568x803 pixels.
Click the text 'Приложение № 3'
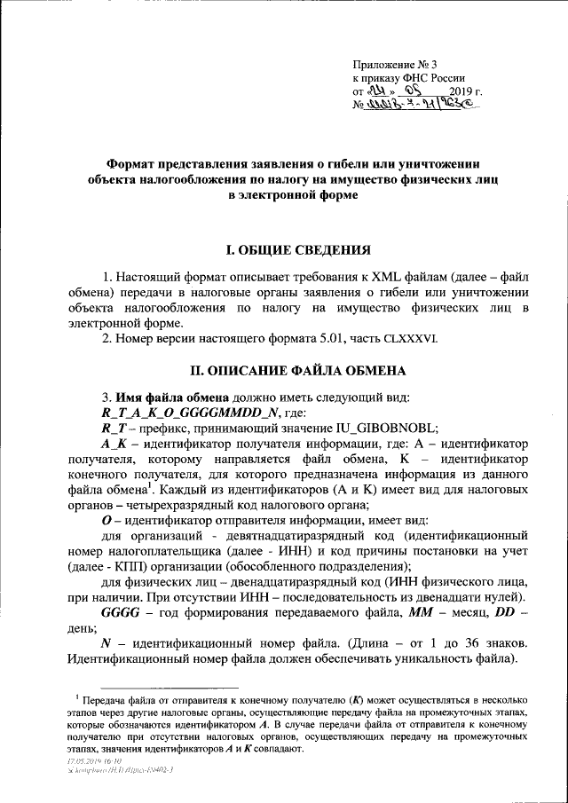click(x=392, y=64)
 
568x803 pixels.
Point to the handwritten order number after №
click(x=417, y=106)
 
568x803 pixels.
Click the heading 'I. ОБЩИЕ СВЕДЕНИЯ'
click(x=283, y=252)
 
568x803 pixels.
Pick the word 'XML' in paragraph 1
click(x=373, y=275)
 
